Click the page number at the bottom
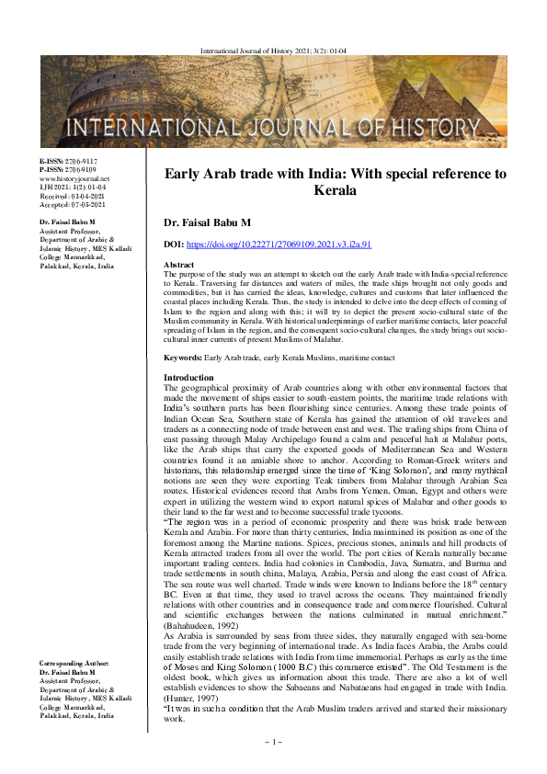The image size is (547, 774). (x=273, y=741)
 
